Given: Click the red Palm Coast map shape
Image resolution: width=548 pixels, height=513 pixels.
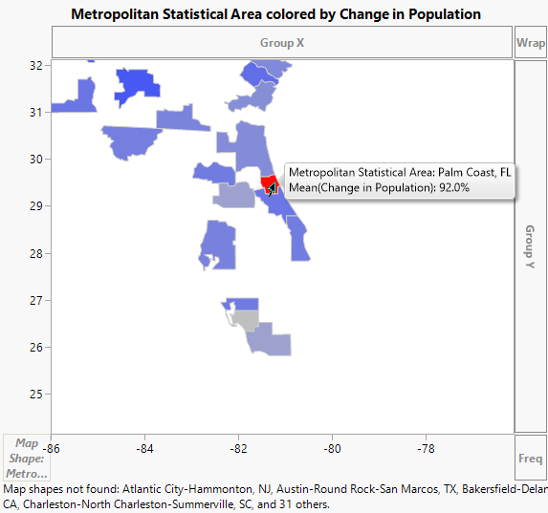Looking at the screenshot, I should click(268, 182).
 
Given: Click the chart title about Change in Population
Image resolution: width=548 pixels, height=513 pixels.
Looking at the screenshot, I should click(275, 14).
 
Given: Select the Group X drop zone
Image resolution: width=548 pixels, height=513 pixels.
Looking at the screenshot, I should click(282, 43).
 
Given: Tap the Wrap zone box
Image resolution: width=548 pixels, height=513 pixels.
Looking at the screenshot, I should click(530, 43).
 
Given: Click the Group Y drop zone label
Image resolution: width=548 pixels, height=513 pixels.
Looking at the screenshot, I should click(530, 246).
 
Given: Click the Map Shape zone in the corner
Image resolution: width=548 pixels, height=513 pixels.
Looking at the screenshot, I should click(27, 458).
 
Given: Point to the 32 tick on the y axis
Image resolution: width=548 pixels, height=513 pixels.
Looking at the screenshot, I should click(36, 66).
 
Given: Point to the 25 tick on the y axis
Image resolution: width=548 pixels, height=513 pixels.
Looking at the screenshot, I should click(36, 394).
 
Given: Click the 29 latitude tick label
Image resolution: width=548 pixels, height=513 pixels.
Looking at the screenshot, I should click(36, 206).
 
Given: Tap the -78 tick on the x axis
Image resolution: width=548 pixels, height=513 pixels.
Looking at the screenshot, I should click(426, 447).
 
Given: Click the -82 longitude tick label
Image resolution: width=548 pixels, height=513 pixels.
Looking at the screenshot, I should click(238, 447).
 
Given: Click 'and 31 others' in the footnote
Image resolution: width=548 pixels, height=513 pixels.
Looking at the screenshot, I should click(296, 503).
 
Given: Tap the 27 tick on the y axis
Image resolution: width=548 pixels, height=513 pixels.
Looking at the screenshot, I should click(36, 300).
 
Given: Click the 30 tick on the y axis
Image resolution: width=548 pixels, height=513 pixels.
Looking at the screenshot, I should click(36, 160).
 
